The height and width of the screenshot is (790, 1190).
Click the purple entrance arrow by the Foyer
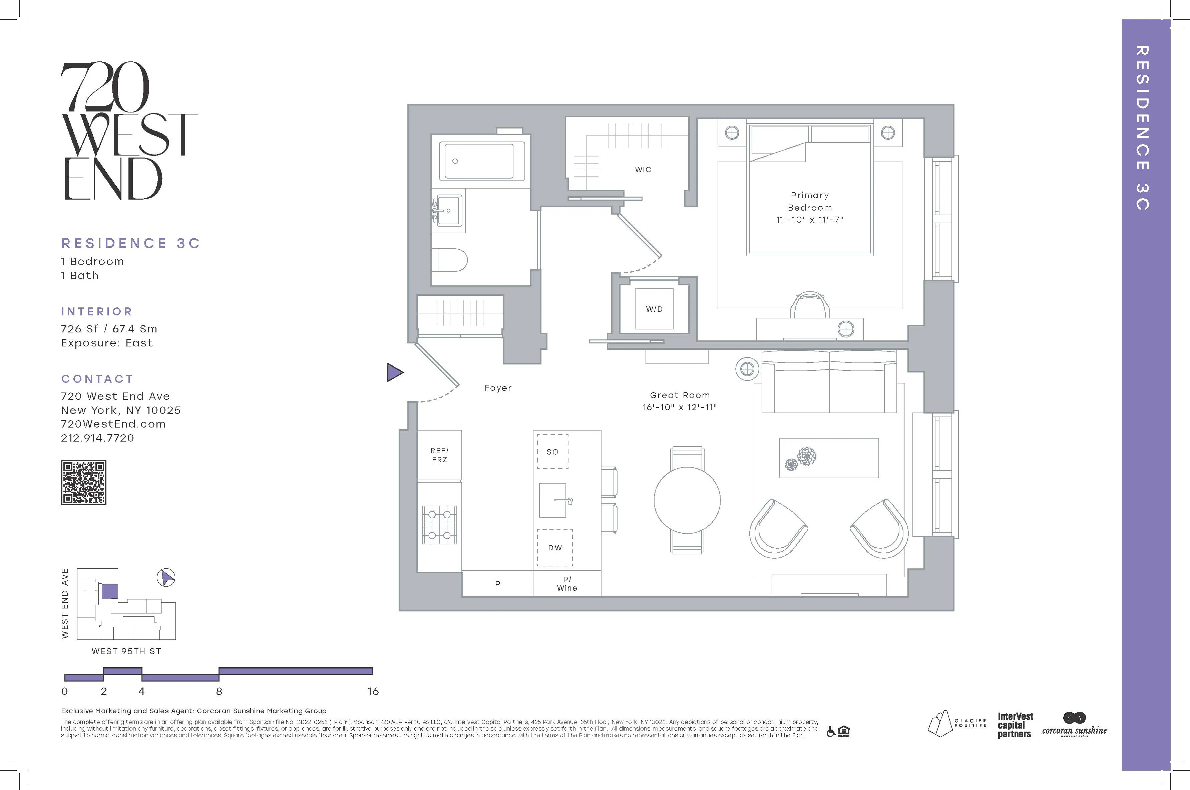tap(394, 372)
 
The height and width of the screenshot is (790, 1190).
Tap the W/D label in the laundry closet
tap(654, 309)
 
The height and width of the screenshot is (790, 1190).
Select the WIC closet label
tap(643, 170)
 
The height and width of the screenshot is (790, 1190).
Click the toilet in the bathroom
tap(451, 260)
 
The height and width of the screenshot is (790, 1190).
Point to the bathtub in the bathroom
tap(482, 161)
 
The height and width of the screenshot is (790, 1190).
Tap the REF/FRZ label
tap(439, 455)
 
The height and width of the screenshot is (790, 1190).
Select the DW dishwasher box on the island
tap(554, 548)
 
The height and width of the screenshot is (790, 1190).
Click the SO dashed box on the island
tap(552, 452)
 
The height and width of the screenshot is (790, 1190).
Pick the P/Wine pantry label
tap(567, 583)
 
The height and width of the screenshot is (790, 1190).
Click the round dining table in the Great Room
tap(687, 500)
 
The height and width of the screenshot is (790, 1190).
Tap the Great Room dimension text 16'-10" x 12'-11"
tap(679, 407)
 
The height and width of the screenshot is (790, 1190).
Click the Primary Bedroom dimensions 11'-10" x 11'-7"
tap(809, 220)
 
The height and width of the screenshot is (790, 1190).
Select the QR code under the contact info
tap(84, 482)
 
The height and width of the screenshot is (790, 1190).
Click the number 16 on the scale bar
tap(373, 691)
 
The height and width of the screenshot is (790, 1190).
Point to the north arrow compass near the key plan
tap(166, 577)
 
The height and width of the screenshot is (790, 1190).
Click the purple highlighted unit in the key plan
tap(109, 591)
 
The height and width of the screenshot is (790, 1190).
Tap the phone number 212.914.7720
tap(97, 438)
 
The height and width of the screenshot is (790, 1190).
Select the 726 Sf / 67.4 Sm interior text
tap(109, 328)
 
